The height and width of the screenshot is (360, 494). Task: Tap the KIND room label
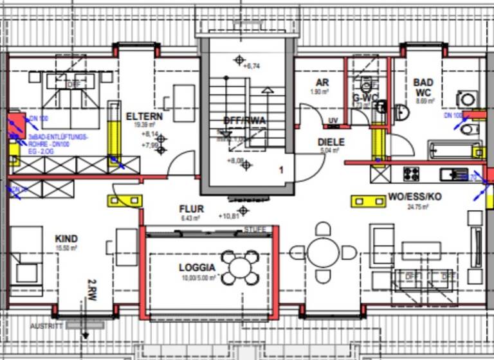click(x=66, y=239)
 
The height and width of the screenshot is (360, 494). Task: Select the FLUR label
click(x=191, y=209)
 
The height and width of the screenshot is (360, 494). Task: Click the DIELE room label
click(x=331, y=142)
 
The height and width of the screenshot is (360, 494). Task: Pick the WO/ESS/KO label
click(x=415, y=197)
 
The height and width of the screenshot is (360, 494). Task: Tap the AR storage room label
click(x=322, y=83)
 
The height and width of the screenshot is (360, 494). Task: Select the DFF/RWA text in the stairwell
click(x=244, y=120)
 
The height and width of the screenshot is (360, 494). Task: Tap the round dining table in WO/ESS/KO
click(x=322, y=251)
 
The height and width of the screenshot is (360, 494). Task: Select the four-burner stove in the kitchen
click(x=411, y=174)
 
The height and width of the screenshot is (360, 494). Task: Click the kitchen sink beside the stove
click(x=453, y=174)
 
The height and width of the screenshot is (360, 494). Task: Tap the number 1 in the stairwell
click(x=280, y=170)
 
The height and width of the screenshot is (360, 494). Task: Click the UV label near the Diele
click(x=333, y=120)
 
